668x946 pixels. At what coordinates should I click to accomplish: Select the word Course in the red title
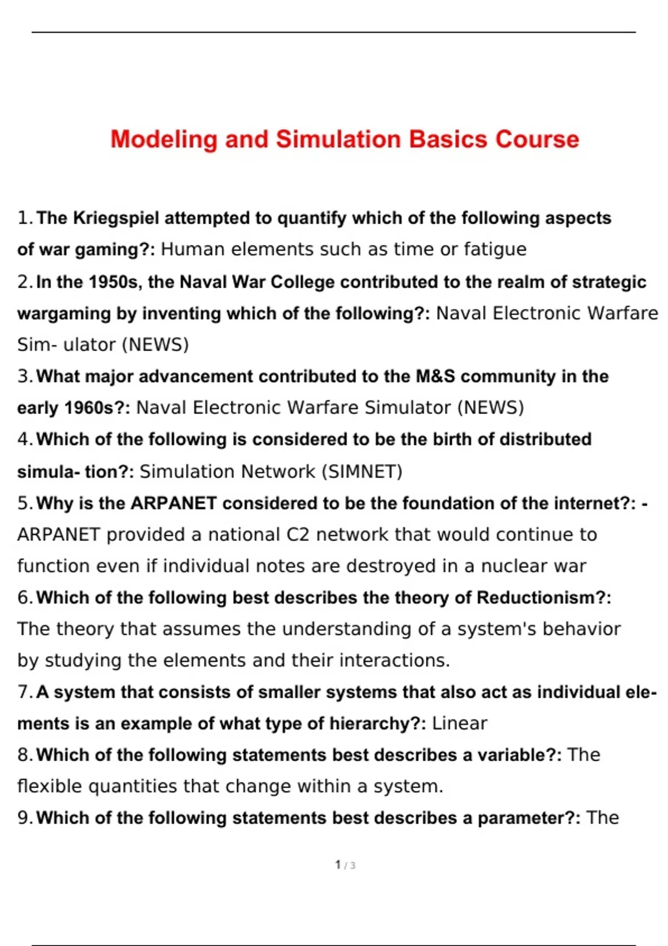point(537,139)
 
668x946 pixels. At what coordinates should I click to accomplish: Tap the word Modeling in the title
point(164,139)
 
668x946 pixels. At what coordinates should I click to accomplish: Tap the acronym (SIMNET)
point(362,472)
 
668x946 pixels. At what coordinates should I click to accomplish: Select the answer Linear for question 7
point(459,723)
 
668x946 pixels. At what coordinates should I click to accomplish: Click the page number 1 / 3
point(345,865)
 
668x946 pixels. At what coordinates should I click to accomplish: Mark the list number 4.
point(24,440)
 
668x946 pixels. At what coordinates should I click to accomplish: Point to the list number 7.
point(24,692)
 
